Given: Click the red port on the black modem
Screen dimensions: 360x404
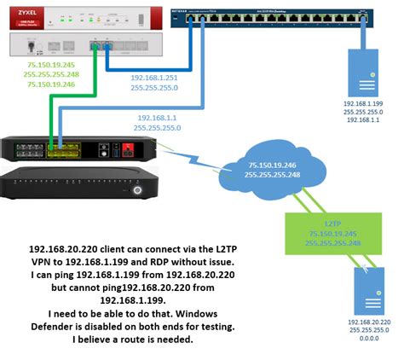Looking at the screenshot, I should point(128,151).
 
